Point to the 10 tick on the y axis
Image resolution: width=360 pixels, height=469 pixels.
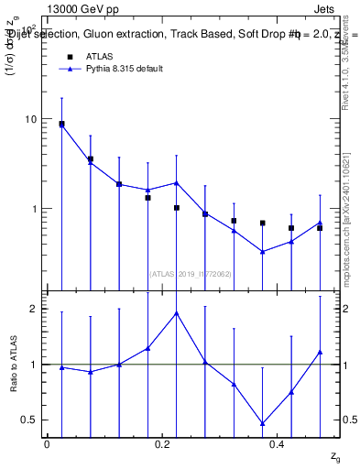coord(29,119)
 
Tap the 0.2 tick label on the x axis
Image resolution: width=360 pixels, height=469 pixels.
coord(162,444)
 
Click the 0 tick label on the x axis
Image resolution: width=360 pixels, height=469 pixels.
coord(47,444)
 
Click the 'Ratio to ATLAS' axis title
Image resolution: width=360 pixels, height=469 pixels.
coord(12,364)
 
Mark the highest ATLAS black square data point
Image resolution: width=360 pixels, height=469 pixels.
coord(61,124)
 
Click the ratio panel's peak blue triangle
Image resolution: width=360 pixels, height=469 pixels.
coord(176,313)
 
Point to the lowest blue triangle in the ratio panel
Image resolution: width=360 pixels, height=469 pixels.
coord(262,423)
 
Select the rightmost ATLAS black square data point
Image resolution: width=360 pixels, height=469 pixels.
coord(320,228)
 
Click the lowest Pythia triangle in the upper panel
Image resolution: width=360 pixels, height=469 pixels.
coord(262,252)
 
